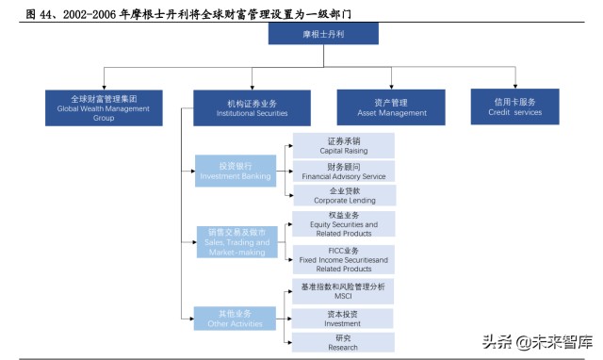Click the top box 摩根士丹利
click(x=323, y=34)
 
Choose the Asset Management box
click(x=391, y=107)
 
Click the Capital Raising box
click(x=343, y=144)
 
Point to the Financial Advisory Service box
click(x=343, y=171)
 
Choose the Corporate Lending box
click(x=343, y=195)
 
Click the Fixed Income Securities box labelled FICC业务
click(x=343, y=259)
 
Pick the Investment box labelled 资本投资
click(x=343, y=318)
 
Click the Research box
click(x=343, y=342)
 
